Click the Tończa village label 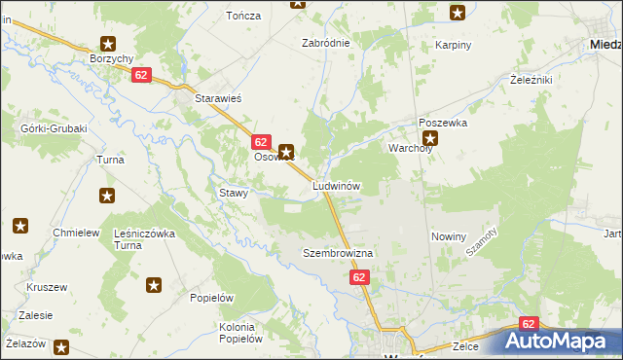tap(244, 17)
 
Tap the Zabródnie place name tap(326, 43)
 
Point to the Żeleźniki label tap(531, 80)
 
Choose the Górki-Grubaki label tap(55, 128)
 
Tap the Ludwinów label tap(337, 185)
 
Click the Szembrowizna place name tap(338, 253)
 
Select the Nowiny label tap(449, 236)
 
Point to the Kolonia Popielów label tap(241, 333)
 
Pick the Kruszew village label tap(47, 288)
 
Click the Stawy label tap(235, 193)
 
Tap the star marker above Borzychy tap(108, 44)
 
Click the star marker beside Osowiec tap(286, 151)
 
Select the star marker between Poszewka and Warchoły tap(430, 137)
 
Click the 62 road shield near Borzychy tap(142, 75)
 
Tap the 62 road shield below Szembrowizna tap(360, 278)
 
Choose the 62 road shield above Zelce tap(529, 323)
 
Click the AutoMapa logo tap(559, 341)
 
